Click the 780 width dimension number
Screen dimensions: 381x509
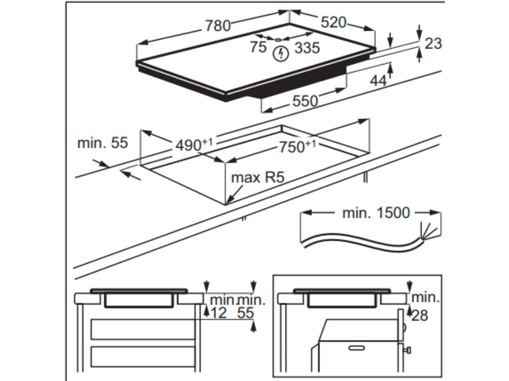pos(218,25)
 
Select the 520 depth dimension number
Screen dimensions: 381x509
pos(334,22)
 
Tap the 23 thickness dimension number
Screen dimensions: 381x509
pos(433,44)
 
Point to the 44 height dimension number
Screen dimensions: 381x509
pos(379,81)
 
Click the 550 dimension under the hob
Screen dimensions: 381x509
pos(305,101)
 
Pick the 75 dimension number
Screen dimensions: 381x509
pos(258,47)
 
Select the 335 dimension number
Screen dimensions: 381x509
pos(307,48)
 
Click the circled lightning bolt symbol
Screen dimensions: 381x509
pos(282,53)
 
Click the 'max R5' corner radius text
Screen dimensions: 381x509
pos(257,177)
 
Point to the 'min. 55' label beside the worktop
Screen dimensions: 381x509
pos(102,143)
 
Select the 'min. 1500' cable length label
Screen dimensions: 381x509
pos(376,213)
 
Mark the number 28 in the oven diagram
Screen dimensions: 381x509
pos(420,315)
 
